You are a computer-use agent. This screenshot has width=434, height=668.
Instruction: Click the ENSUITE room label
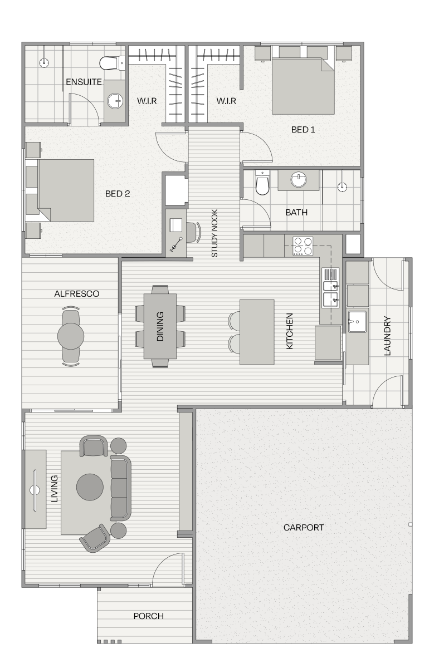pos(84,82)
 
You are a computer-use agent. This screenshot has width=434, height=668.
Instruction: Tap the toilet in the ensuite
pos(111,63)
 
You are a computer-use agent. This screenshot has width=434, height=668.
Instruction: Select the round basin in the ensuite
pos(115,101)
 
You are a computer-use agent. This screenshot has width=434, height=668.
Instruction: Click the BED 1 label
pos(303,129)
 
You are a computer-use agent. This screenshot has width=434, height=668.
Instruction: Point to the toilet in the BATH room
pos(262,183)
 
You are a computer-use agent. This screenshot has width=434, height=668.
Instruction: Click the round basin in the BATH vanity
pos(299,179)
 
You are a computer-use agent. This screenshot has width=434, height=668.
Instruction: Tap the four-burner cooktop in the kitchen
pos(303,246)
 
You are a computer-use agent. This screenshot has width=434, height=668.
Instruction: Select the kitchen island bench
pos(257,332)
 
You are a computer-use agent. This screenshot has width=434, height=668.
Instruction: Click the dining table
pos(160,326)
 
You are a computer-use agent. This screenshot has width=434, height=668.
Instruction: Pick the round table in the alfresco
pos(71,336)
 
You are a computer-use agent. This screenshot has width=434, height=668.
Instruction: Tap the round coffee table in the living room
pos(90,487)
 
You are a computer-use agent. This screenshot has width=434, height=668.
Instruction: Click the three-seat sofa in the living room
pos(120,488)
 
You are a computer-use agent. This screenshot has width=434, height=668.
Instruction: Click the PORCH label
pos(148,616)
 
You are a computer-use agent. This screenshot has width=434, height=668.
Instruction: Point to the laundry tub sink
pos(357,322)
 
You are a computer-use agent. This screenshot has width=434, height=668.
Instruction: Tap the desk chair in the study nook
pos(194,232)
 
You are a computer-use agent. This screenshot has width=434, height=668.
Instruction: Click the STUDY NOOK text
pos(214,233)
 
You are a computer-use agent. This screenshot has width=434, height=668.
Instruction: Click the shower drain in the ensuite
pos(44,62)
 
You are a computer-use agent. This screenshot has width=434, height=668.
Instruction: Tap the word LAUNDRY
pos(387,336)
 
